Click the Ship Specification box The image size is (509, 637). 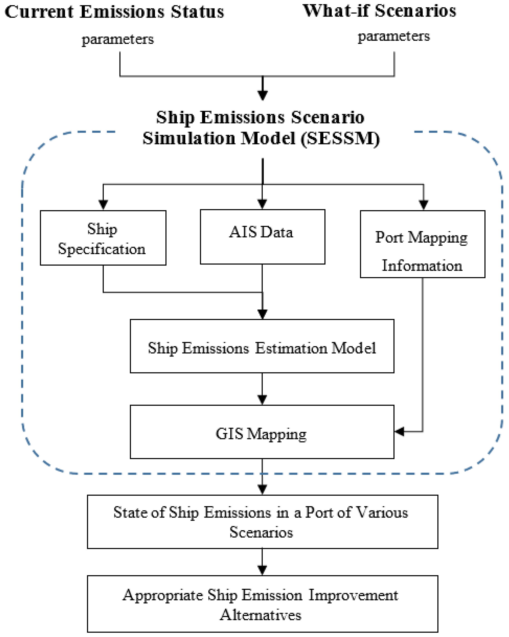[103, 238]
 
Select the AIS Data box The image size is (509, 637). [262, 237]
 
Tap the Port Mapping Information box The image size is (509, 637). [422, 244]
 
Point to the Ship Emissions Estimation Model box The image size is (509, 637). [262, 346]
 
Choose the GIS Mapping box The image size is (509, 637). [262, 432]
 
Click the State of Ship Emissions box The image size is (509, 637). [262, 522]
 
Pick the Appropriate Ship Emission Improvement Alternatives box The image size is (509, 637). [262, 604]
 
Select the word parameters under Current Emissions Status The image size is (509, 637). [118, 39]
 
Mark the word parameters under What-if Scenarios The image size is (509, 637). [394, 36]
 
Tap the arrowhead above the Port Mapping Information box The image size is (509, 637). [424, 204]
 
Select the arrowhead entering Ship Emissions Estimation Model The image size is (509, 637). [262, 314]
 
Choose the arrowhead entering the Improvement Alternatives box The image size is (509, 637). [262, 570]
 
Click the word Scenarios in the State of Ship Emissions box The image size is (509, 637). [261, 532]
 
